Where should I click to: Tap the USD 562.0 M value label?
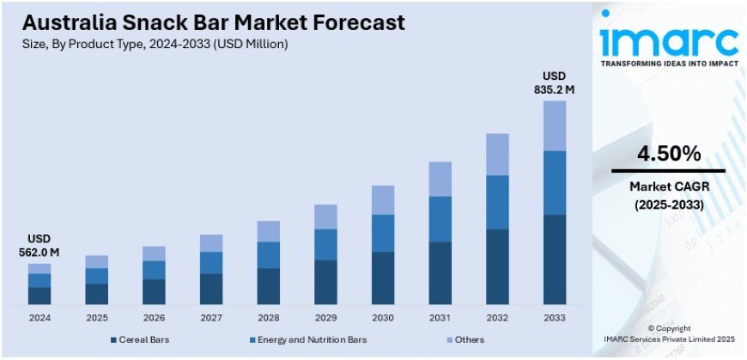(39, 245)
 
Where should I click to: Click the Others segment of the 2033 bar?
(555, 125)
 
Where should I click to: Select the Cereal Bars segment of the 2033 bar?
(555, 259)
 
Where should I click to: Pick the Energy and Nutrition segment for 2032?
(497, 202)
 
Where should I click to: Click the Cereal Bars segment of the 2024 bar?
(39, 296)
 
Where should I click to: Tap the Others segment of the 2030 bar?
(383, 199)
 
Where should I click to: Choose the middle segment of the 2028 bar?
(268, 254)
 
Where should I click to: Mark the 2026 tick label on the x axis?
(154, 318)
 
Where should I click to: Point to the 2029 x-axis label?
(325, 318)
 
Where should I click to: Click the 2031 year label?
(440, 318)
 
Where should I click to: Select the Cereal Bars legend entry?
(143, 339)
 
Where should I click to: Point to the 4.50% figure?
(669, 155)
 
